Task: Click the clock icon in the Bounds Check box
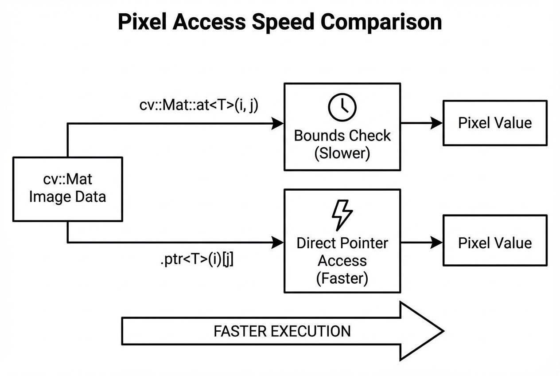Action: (x=342, y=107)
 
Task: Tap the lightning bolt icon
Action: (x=342, y=215)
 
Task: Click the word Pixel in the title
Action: (x=142, y=22)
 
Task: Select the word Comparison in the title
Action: (x=381, y=23)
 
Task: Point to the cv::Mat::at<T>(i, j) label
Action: (x=199, y=105)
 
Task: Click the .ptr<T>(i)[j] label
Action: (x=197, y=259)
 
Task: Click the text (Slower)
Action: (x=342, y=153)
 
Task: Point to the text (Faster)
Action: (x=342, y=278)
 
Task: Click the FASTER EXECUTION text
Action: (x=282, y=331)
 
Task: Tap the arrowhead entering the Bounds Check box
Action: (x=277, y=123)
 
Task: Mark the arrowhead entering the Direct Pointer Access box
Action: (x=277, y=242)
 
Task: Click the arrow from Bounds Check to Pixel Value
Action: (x=422, y=123)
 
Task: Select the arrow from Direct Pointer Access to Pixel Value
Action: (x=422, y=242)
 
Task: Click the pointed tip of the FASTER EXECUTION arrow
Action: (x=444, y=331)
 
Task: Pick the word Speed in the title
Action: (x=283, y=23)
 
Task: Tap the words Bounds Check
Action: (x=342, y=136)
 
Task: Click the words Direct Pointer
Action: (x=342, y=243)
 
